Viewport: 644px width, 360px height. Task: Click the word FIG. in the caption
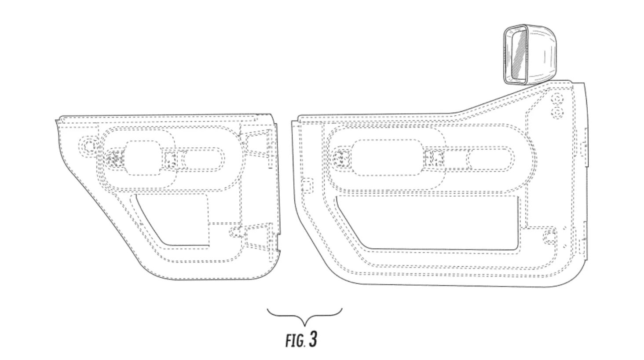coord(295,341)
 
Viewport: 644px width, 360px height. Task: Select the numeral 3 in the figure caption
coord(313,339)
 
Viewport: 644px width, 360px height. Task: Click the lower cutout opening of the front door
coord(428,222)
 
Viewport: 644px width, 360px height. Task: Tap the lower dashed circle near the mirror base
coord(557,113)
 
